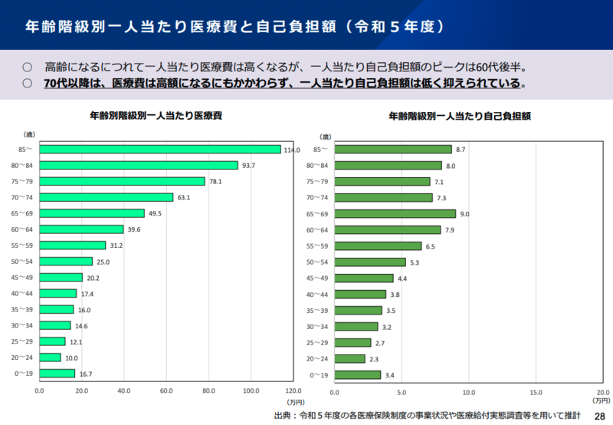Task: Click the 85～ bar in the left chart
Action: (159, 149)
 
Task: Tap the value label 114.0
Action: (291, 150)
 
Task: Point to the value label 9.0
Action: (465, 214)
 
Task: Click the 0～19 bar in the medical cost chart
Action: (57, 374)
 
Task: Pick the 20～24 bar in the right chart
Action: (350, 358)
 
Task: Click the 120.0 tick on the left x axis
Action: (293, 390)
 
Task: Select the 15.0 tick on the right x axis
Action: (536, 390)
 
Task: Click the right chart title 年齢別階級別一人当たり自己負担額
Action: (460, 117)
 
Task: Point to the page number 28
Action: (599, 415)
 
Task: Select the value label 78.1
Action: (215, 182)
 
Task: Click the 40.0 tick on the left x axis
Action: (123, 390)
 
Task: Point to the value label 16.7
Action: (85, 374)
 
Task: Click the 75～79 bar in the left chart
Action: (122, 181)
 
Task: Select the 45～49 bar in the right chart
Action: (364, 278)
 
